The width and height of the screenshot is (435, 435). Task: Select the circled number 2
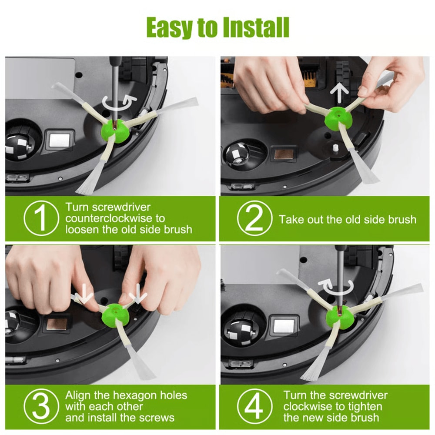[254, 219]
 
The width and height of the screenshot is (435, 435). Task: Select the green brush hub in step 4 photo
[339, 316]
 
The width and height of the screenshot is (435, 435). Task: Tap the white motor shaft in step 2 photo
[336, 147]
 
